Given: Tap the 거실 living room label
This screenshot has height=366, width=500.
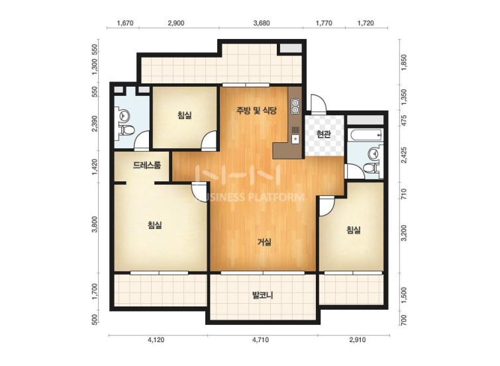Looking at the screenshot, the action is (x=264, y=242).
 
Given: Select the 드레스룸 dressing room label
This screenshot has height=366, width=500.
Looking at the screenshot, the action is (x=147, y=165).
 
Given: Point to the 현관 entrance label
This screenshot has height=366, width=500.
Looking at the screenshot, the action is (x=324, y=134).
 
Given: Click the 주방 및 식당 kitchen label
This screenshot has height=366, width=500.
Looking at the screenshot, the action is (x=256, y=111).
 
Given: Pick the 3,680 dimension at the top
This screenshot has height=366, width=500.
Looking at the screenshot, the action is (x=261, y=23).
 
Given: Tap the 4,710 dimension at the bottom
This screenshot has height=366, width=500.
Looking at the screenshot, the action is (x=260, y=340).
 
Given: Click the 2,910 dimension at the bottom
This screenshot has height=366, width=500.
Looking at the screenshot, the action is (x=358, y=340).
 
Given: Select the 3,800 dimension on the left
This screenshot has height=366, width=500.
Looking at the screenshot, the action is (x=95, y=225).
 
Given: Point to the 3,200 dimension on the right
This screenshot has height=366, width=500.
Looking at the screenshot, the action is (x=404, y=233).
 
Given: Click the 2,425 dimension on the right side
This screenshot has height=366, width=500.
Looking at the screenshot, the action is (x=404, y=155).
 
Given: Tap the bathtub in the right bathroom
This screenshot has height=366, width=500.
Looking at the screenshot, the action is (x=366, y=135).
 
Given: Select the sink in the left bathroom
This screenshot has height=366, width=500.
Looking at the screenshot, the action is (x=124, y=115).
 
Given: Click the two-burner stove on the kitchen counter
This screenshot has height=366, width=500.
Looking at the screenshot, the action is (x=295, y=107).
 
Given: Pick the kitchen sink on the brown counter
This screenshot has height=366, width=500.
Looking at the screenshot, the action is (x=295, y=139).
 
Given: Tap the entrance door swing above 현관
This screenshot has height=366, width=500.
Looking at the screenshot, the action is (x=319, y=103).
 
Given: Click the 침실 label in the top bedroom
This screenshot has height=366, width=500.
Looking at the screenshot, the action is (x=185, y=115).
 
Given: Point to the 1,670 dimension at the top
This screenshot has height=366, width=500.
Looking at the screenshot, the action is (x=125, y=23).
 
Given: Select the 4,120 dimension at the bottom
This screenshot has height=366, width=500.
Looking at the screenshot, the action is (x=156, y=340).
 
